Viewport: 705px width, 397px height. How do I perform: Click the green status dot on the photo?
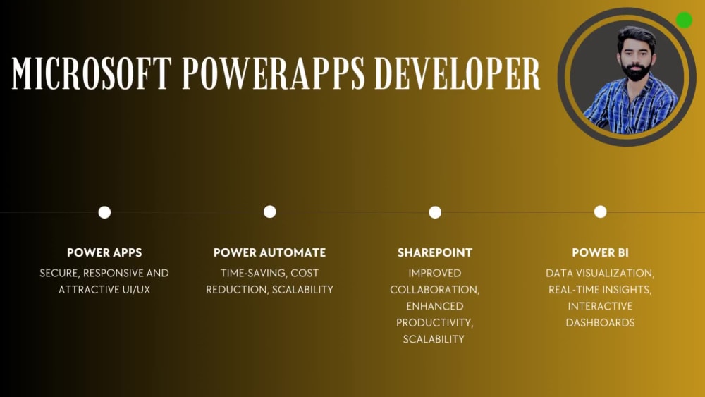[x=684, y=20]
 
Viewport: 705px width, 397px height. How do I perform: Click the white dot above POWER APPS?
[x=104, y=212]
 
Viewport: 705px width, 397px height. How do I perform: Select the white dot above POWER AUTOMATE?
[x=269, y=212]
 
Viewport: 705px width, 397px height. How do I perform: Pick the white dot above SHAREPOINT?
[x=435, y=212]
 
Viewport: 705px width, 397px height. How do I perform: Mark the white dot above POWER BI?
[x=600, y=212]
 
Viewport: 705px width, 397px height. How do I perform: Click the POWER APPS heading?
[x=104, y=252]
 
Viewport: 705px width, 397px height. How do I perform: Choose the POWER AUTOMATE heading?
[x=269, y=252]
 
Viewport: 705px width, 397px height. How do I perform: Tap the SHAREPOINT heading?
[x=435, y=252]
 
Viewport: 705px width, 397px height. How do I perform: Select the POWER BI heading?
[x=600, y=252]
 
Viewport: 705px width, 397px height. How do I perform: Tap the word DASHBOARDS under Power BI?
[x=600, y=322]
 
